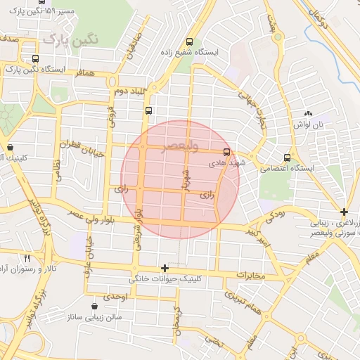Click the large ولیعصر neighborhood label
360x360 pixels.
(x=181, y=146)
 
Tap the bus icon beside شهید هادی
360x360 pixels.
(x=226, y=151)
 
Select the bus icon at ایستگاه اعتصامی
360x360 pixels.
(x=286, y=157)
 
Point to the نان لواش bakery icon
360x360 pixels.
(x=307, y=113)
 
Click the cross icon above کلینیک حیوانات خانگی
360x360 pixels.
(x=165, y=268)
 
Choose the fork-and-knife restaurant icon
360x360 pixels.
(x=27, y=258)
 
